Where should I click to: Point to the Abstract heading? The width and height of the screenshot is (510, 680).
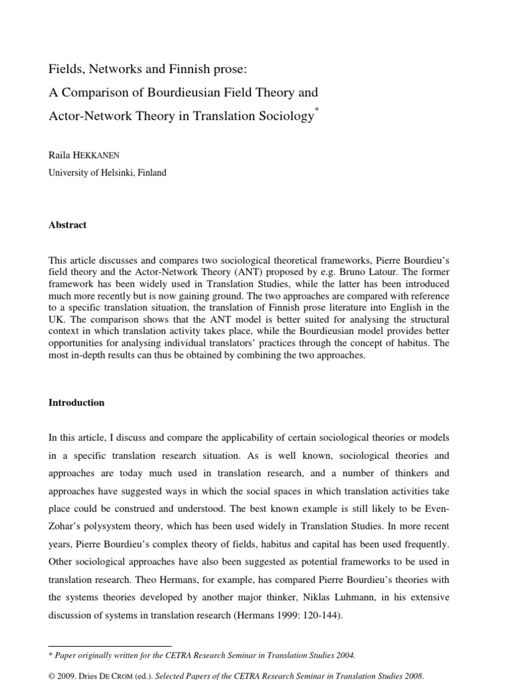68,225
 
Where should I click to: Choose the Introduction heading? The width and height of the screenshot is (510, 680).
76,402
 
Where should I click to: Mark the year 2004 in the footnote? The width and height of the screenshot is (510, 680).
346,655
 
